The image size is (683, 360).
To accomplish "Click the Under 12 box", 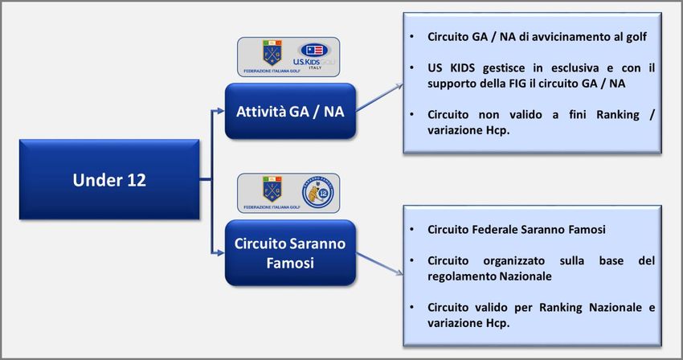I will [109, 180].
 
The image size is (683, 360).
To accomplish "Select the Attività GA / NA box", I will [290, 111].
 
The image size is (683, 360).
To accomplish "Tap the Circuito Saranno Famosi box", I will [290, 251].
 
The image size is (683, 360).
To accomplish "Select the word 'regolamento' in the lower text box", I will [463, 276].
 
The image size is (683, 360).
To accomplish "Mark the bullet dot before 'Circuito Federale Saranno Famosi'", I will [412, 230].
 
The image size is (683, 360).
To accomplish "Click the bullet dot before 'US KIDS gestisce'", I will [412, 67].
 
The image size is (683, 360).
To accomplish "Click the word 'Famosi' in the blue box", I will [290, 262].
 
